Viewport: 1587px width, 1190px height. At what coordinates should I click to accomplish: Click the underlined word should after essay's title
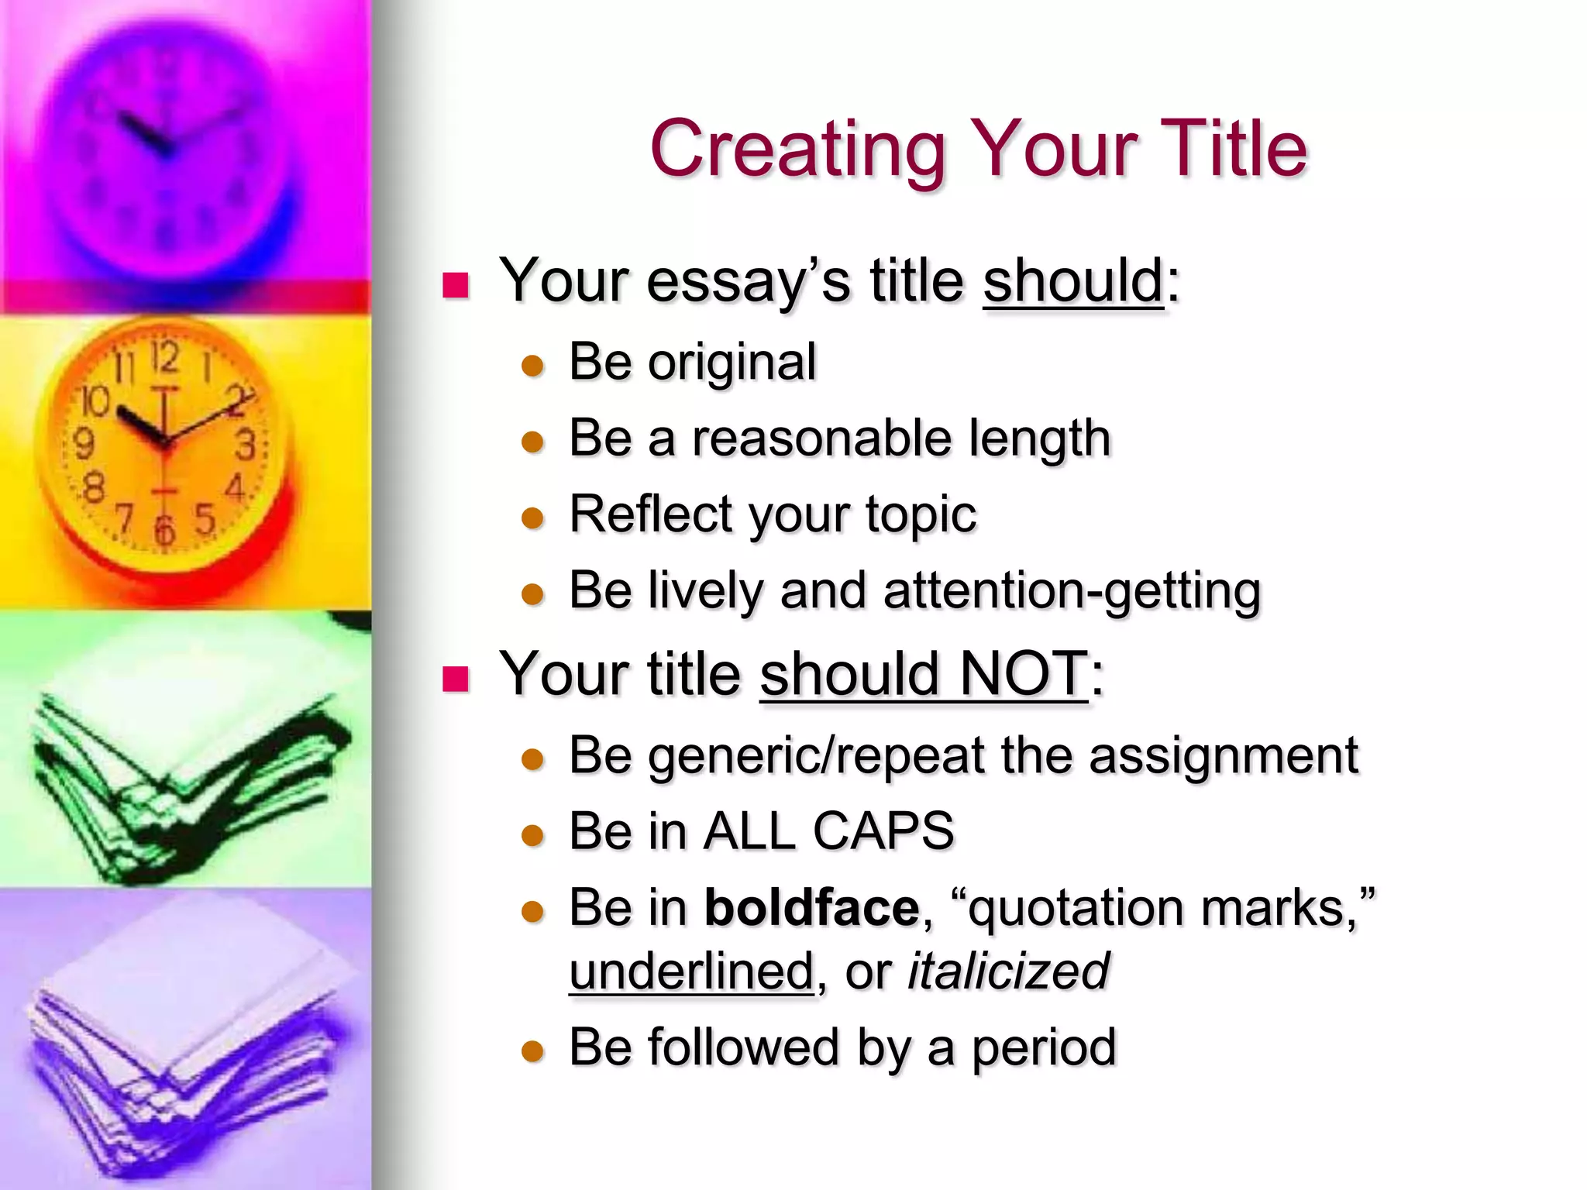1073,280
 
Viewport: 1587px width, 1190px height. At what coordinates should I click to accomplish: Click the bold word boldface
811,907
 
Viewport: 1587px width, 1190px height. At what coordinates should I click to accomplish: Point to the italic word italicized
1008,971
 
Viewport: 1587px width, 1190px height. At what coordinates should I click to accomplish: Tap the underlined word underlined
691,971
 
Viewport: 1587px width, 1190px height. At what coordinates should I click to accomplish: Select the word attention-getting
1072,590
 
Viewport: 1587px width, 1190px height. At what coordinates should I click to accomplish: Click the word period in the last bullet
1044,1047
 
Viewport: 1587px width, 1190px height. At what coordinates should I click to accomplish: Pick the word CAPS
883,831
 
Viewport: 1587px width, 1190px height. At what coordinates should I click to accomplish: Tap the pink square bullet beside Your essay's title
456,286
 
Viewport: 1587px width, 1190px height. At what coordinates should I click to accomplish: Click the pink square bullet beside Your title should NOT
456,679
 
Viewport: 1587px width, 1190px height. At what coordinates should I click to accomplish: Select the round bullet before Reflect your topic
533,518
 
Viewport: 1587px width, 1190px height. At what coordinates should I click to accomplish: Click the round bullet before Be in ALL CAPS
533,836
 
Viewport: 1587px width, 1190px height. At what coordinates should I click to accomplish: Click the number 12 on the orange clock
165,358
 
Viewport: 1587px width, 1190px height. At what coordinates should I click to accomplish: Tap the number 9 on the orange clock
83,443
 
